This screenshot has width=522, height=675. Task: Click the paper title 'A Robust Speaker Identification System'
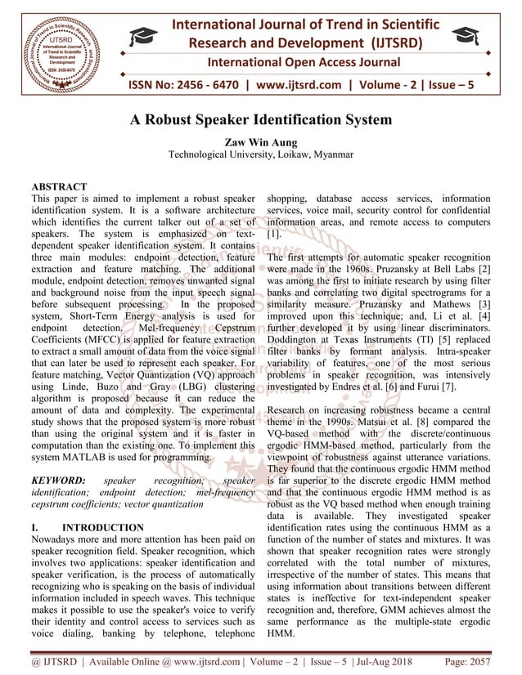coord(261,120)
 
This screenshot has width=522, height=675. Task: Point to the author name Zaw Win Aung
coord(261,141)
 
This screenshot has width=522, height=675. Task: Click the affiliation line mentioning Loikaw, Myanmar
coord(261,154)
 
